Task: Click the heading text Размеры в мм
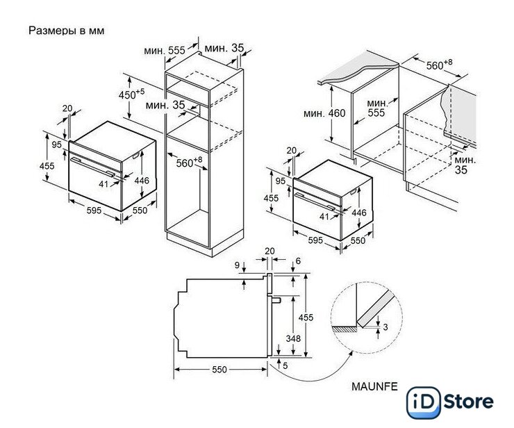tap(66, 31)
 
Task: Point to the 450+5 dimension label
tap(131, 94)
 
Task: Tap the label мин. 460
tap(324, 113)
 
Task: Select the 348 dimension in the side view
tap(292, 338)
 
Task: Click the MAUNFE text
tap(374, 386)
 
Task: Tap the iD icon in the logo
tap(423, 402)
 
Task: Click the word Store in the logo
tap(468, 402)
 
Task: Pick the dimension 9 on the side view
tap(237, 265)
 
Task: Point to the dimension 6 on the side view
tap(298, 261)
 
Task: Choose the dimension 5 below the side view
tap(285, 365)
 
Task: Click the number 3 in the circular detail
tap(385, 327)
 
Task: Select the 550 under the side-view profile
tap(219, 370)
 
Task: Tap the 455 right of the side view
tap(306, 318)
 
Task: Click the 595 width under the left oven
tap(94, 211)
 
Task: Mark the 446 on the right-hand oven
tap(359, 213)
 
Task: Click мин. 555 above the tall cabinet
tap(165, 51)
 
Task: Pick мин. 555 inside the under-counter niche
tap(377, 108)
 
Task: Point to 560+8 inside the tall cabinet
tap(189, 162)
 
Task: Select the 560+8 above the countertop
tap(439, 65)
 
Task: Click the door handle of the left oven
tap(94, 166)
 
